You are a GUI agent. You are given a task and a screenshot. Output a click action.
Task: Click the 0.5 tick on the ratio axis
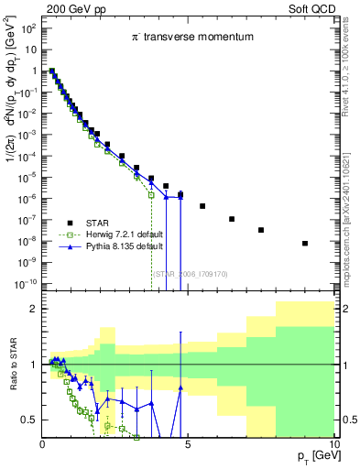pos(28,420)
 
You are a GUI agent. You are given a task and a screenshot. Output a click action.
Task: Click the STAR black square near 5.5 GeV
pos(202,206)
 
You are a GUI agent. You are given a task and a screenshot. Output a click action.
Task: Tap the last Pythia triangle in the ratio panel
pos(180,387)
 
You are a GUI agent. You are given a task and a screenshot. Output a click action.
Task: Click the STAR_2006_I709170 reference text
pos(188,273)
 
